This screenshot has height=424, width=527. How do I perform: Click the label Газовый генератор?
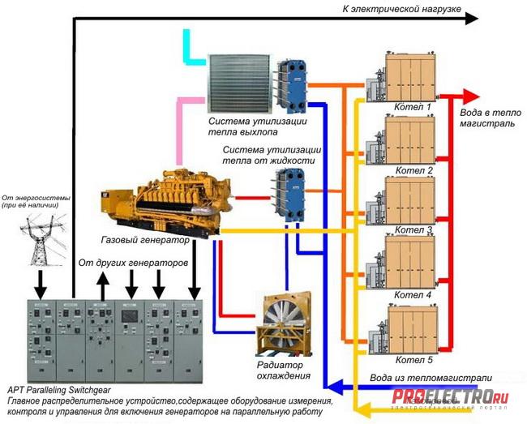(145, 241)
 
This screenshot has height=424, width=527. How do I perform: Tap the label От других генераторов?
(133, 265)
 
